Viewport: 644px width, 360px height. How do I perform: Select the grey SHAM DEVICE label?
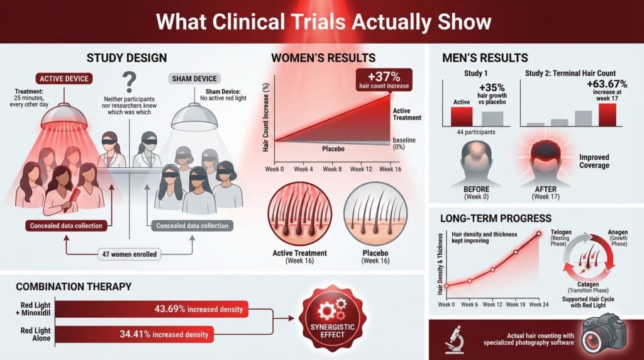click(196, 79)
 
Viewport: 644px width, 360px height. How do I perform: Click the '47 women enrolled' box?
click(130, 255)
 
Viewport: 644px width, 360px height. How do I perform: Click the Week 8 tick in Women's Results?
click(332, 169)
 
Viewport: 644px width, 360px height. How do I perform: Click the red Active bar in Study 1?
click(462, 116)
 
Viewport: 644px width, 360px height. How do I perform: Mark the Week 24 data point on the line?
click(538, 233)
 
